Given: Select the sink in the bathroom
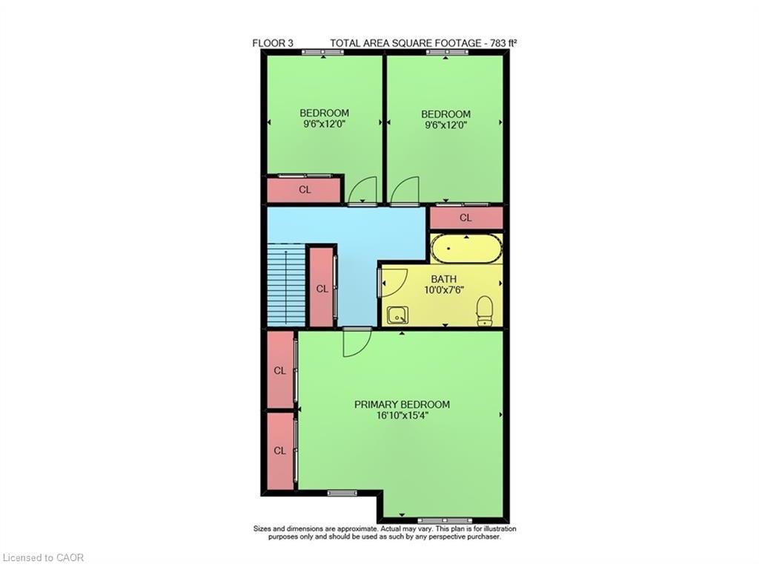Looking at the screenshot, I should [397, 315].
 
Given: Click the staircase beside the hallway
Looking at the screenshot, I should [286, 286].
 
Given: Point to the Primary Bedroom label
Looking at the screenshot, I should [402, 404].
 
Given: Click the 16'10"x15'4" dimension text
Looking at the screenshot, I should [402, 416].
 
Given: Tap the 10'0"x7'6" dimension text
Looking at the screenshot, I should [444, 290].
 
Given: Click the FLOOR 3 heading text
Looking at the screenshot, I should [273, 43].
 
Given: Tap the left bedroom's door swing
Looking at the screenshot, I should [363, 191].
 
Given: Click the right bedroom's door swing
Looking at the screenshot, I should [405, 190].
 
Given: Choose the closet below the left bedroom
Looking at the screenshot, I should [305, 190].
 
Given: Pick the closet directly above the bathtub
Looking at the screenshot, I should [465, 218].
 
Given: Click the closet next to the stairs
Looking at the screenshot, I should [322, 289].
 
